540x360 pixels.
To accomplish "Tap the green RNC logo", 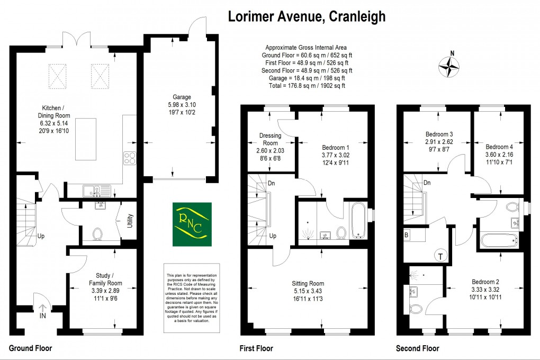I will pyautogui.click(x=192, y=224).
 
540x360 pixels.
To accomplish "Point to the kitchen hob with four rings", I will pyautogui.click(x=130, y=157).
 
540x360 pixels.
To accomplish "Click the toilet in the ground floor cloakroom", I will pyautogui.click(x=97, y=233).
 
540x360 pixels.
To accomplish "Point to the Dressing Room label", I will pyautogui.click(x=270, y=139).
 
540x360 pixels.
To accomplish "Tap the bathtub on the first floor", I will pyautogui.click(x=359, y=219).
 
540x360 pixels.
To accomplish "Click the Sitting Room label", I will pyautogui.click(x=308, y=284).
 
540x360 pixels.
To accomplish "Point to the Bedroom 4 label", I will pyautogui.click(x=499, y=147).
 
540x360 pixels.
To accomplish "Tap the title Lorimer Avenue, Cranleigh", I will pyautogui.click(x=307, y=16).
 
